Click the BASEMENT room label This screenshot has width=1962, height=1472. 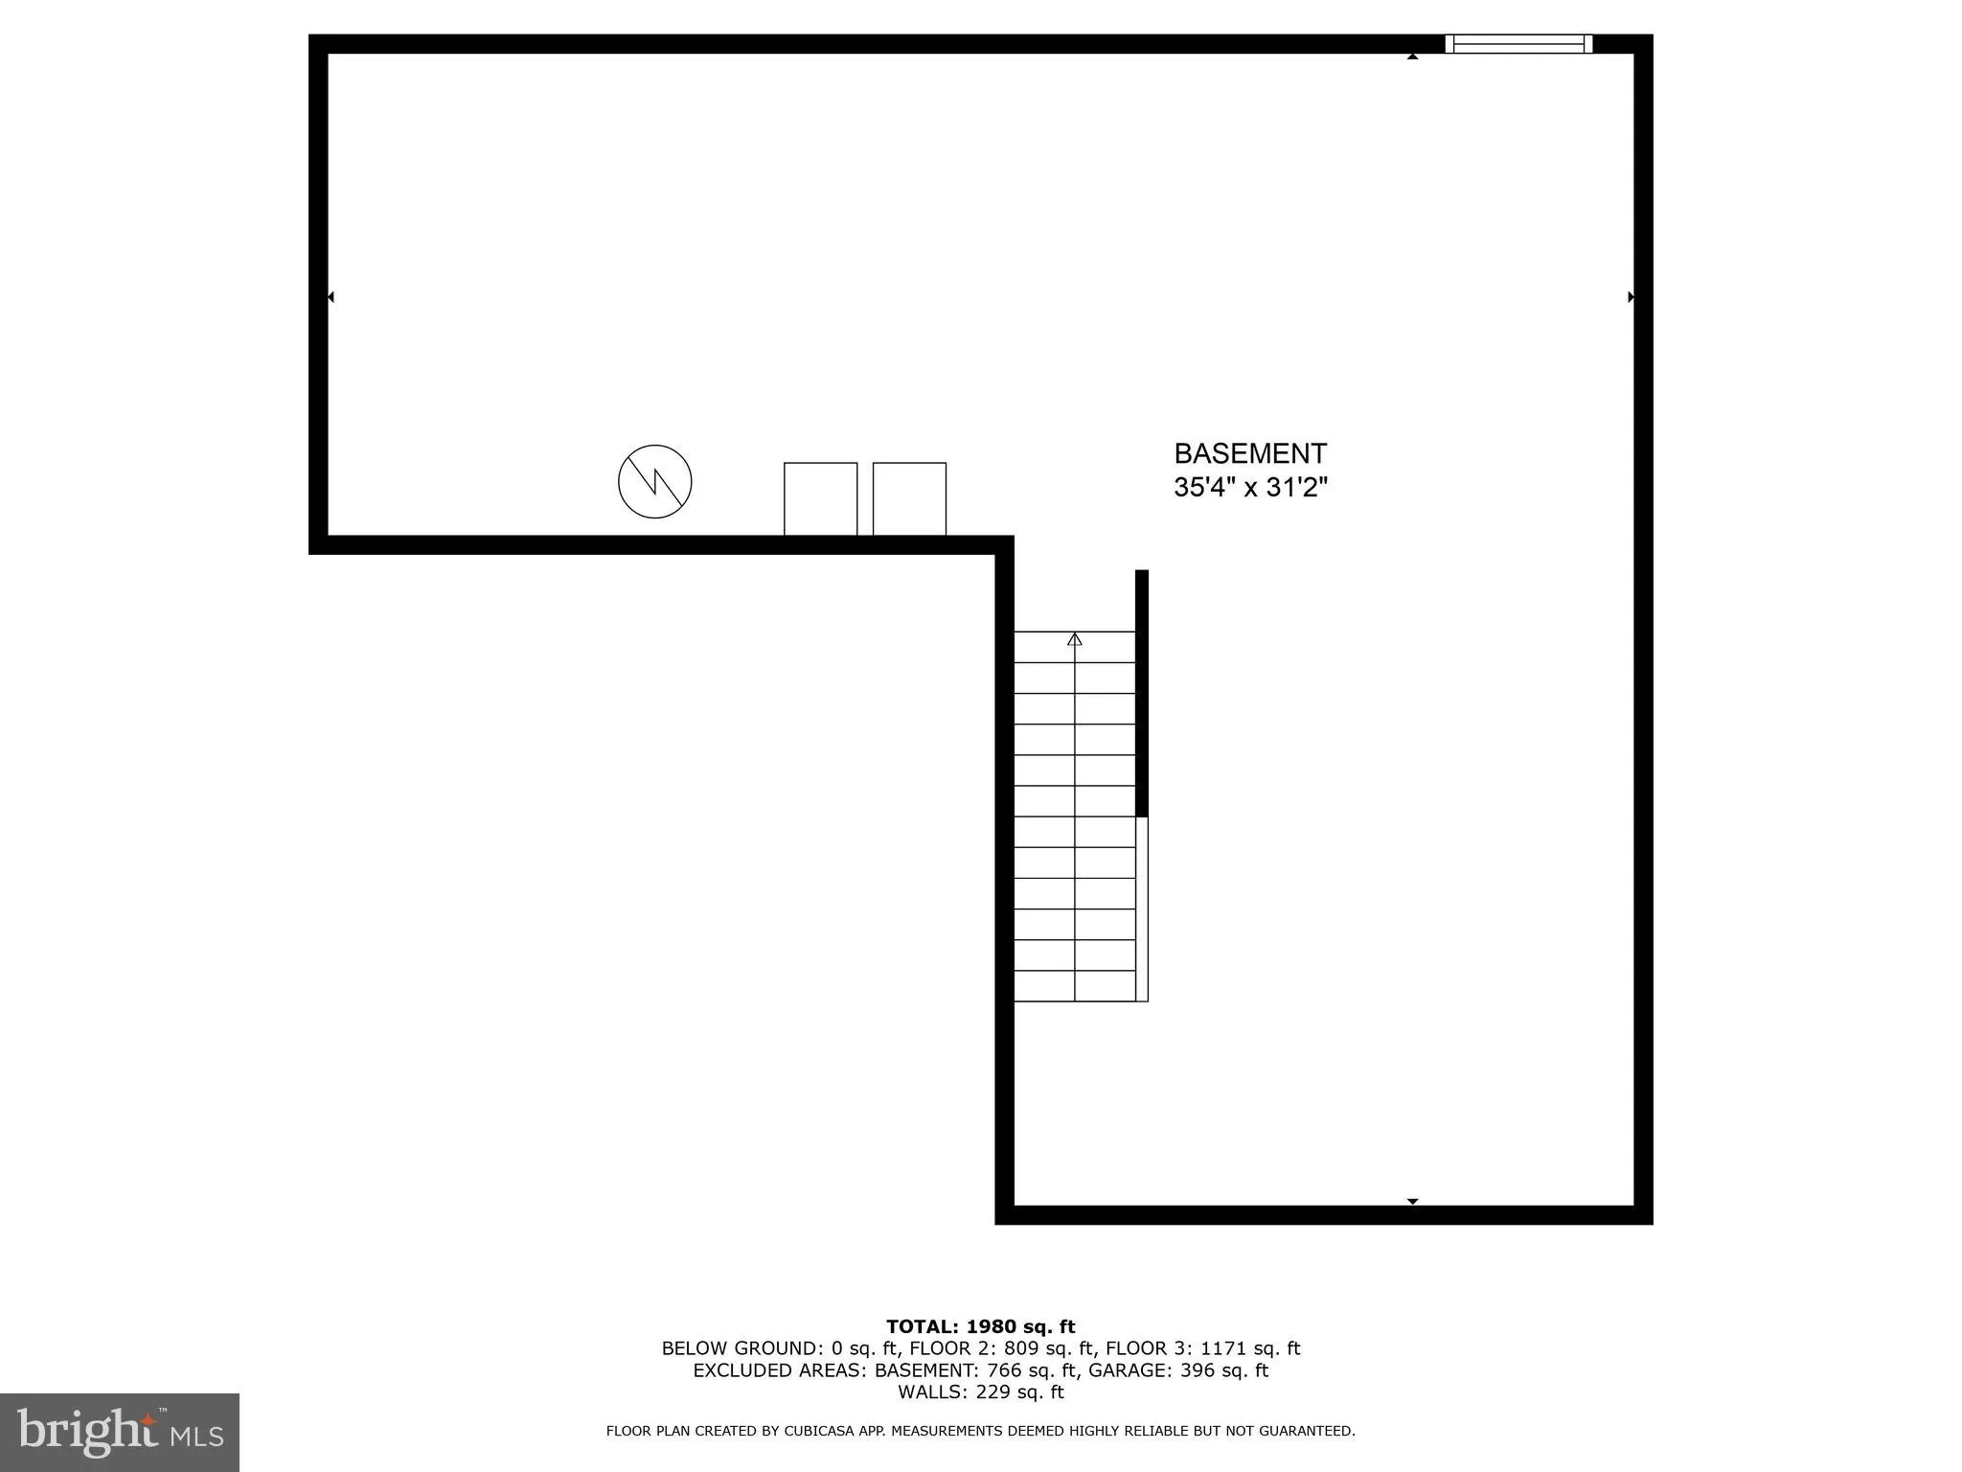coord(1250,453)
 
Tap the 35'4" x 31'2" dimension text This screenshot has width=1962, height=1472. coord(1250,488)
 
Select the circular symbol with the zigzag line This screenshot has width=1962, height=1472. coord(655,481)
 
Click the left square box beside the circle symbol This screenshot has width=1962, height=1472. coord(820,498)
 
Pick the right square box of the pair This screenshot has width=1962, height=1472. coord(909,498)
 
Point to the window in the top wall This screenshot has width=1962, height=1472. coord(1518,43)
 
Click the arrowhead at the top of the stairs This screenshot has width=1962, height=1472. coord(1075,639)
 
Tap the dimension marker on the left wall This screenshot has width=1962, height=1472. coord(331,297)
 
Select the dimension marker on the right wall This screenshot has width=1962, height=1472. coord(1631,297)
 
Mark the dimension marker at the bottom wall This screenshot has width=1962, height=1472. coord(1412,1201)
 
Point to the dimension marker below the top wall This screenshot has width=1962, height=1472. coord(1412,57)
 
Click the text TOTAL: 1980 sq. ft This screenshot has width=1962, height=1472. coord(980,1326)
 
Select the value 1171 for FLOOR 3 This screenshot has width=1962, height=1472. coord(1229,1348)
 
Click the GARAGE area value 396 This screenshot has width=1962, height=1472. coord(1198,1370)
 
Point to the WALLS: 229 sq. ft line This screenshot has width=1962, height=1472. coord(980,1392)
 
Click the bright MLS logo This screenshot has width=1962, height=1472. coord(120,1433)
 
